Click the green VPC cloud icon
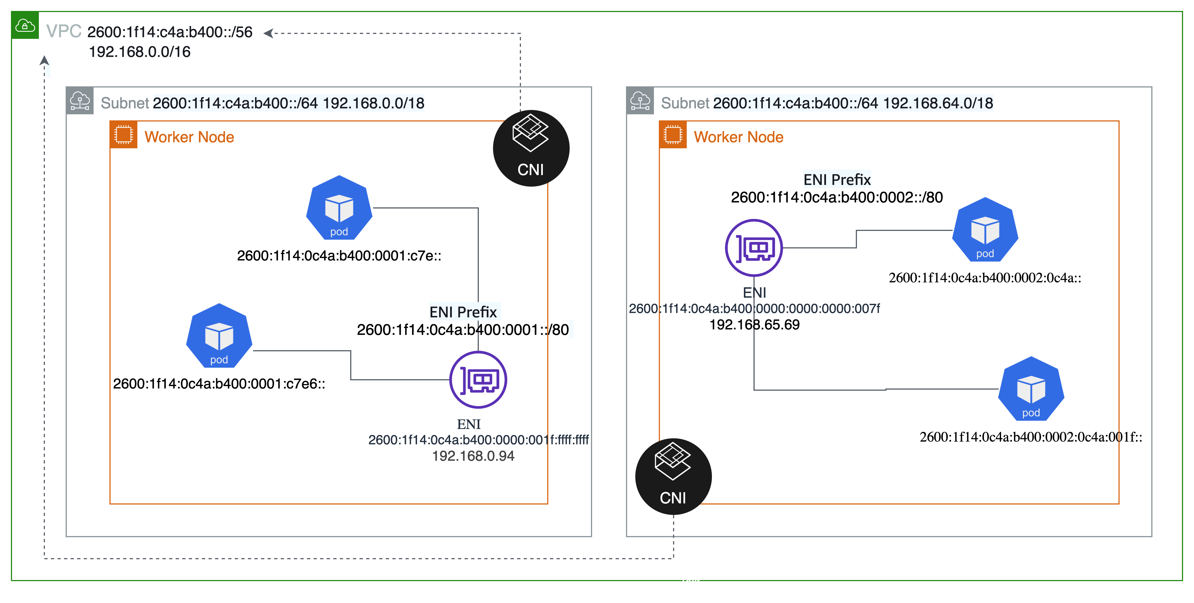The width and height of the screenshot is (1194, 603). [25, 25]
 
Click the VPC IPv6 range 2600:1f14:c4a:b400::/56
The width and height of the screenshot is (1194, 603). [170, 32]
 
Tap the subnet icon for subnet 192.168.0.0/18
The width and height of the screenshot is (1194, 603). [80, 101]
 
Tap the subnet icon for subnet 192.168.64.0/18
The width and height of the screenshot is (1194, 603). [640, 101]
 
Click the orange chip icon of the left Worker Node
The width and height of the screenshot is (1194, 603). [124, 135]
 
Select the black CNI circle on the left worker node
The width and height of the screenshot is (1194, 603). [531, 148]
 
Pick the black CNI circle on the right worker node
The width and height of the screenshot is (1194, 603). [674, 477]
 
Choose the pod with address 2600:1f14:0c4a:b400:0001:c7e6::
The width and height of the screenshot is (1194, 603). [219, 336]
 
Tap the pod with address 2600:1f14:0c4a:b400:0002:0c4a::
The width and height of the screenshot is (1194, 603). [986, 230]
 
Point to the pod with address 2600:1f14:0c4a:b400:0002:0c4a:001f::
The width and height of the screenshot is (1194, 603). [1031, 389]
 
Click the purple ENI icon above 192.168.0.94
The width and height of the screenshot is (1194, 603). [478, 379]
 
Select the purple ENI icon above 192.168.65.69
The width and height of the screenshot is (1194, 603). [754, 248]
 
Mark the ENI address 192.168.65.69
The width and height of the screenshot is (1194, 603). [755, 324]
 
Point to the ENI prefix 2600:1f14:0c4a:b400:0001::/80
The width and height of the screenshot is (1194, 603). [463, 329]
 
